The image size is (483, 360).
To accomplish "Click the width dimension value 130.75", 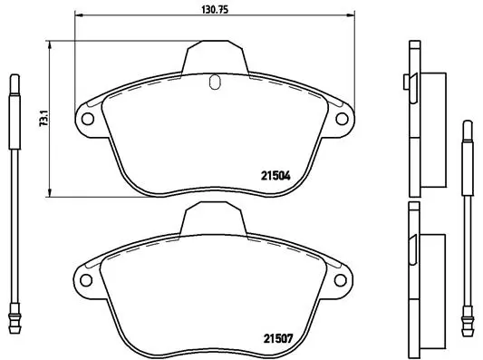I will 214,8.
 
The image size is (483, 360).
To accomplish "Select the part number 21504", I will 276,177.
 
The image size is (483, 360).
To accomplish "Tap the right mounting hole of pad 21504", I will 343,118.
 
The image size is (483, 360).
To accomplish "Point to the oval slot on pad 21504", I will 214,83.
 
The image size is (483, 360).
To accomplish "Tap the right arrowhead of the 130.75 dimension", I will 353,16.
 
